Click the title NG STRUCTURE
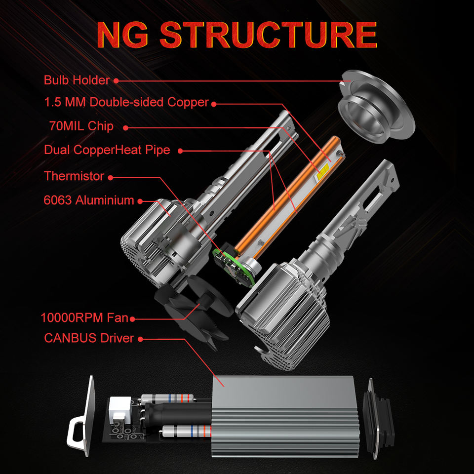point(237,35)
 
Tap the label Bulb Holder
point(77,80)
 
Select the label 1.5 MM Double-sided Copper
point(126,103)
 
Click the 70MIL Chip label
point(81,126)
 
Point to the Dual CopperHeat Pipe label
point(107,150)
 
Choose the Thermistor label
point(74,176)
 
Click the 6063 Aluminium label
point(89,200)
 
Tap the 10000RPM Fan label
point(84,317)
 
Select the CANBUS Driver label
point(89,339)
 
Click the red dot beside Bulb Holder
point(116,80)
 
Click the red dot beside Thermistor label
point(110,177)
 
